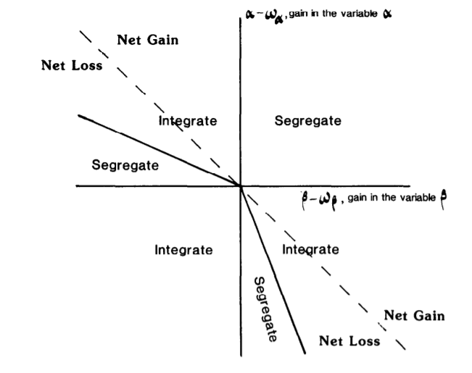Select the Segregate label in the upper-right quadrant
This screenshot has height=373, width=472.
point(307,121)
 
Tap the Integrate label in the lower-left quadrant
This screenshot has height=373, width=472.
point(183,250)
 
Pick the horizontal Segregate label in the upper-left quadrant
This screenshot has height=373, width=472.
point(125,165)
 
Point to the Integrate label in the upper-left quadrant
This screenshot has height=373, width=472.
point(187,121)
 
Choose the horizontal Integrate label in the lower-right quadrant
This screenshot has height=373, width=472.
point(310,250)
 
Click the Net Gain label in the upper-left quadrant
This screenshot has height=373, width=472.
point(147,39)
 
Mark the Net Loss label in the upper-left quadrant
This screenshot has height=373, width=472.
point(72,65)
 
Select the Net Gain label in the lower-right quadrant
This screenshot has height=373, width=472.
point(414,315)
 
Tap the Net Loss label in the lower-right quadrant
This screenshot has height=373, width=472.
point(349,340)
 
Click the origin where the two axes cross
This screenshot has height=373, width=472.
point(241,186)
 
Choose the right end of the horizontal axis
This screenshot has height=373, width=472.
point(410,186)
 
